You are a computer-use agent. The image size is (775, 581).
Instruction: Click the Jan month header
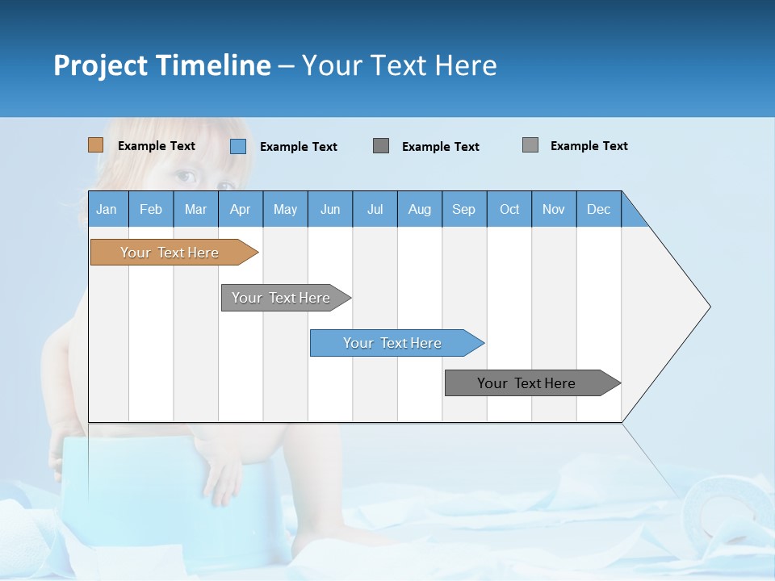[107, 209]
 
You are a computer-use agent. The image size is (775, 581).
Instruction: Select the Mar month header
[195, 209]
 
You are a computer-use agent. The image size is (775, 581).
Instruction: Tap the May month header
[285, 209]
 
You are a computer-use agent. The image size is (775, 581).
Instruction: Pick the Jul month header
[375, 209]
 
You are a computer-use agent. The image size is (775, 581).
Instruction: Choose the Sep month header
[463, 209]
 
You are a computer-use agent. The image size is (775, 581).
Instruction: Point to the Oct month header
[509, 209]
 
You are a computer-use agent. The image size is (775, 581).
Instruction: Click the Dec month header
[598, 209]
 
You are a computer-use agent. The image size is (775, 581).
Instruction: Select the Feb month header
[151, 209]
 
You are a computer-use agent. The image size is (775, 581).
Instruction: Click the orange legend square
[95, 145]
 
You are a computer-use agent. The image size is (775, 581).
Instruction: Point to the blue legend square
[237, 146]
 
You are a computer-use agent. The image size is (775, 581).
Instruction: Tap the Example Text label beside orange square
[157, 146]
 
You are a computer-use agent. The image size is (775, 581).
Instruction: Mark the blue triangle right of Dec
[632, 215]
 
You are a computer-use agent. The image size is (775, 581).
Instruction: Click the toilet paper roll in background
[727, 508]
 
